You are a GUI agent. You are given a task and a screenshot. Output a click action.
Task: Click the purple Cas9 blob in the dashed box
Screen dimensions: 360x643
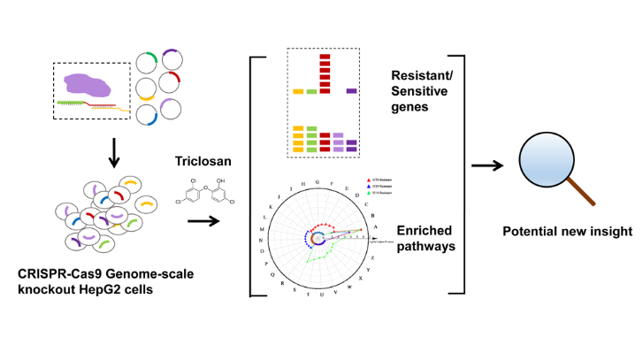click(90, 85)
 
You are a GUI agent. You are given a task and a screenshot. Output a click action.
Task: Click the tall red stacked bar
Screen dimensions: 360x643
click(324, 73)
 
